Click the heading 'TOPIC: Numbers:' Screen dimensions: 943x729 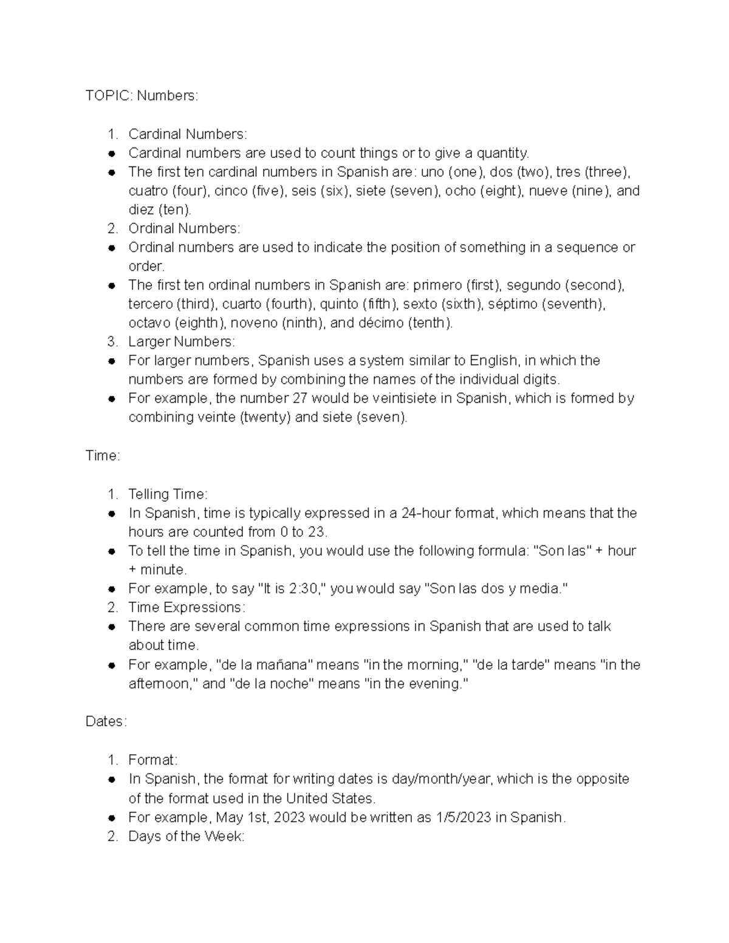point(142,96)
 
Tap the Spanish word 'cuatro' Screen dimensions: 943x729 point(148,191)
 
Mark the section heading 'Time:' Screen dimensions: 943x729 point(103,456)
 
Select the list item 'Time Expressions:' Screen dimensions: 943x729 point(187,607)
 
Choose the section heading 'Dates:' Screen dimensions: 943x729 point(106,721)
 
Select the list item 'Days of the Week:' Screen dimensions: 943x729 point(186,836)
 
